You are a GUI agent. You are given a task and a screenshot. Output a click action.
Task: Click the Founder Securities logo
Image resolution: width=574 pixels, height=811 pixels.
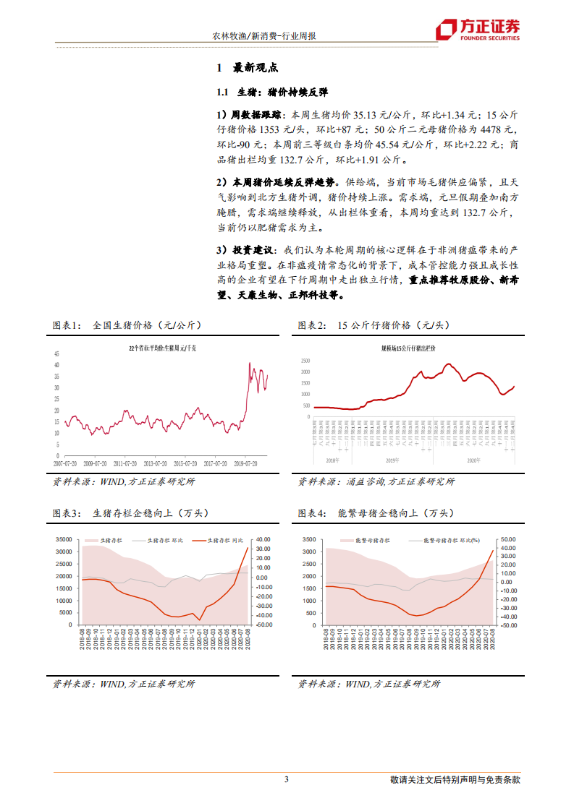coord(477,28)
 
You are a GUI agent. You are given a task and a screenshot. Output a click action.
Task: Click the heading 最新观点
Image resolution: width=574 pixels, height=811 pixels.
coord(255,69)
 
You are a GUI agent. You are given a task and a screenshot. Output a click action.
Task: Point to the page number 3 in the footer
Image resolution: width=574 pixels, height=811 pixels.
coord(287,779)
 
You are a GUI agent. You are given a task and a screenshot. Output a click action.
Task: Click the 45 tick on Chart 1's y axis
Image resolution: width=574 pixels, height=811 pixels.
coord(57,353)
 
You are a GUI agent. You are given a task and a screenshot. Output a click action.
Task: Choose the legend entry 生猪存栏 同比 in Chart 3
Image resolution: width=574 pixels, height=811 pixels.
coord(227,539)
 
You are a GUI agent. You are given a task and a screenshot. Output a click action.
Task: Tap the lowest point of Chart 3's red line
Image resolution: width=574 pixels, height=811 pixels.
coord(200,620)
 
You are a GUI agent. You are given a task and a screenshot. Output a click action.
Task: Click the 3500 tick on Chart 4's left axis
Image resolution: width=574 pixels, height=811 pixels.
coord(310,539)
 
